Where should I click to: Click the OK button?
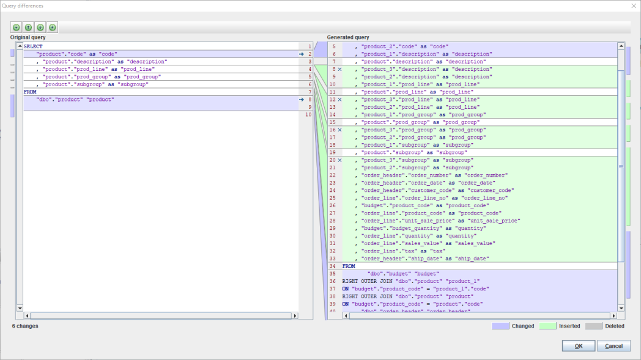pyautogui.click(x=578, y=346)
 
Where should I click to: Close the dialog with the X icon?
pyautogui.click(x=633, y=6)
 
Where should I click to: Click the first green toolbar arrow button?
pyautogui.click(x=16, y=28)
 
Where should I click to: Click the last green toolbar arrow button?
pyautogui.click(x=53, y=28)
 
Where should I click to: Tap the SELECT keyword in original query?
pyautogui.click(x=34, y=46)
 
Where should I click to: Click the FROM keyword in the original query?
pyautogui.click(x=30, y=92)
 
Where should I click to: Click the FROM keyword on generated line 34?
pyautogui.click(x=349, y=266)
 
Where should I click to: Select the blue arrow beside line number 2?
pyautogui.click(x=302, y=54)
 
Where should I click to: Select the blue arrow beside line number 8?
pyautogui.click(x=302, y=99)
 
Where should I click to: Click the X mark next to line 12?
pyautogui.click(x=339, y=100)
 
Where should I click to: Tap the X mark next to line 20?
pyautogui.click(x=339, y=160)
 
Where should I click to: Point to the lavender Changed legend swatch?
pyautogui.click(x=500, y=326)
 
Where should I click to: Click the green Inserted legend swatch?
pyautogui.click(x=547, y=326)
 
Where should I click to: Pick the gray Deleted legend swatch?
pyautogui.click(x=593, y=326)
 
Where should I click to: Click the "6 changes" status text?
pyautogui.click(x=25, y=326)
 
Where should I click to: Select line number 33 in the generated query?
pyautogui.click(x=332, y=259)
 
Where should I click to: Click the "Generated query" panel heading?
pyautogui.click(x=348, y=37)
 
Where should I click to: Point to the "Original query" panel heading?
pyautogui.click(x=28, y=37)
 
